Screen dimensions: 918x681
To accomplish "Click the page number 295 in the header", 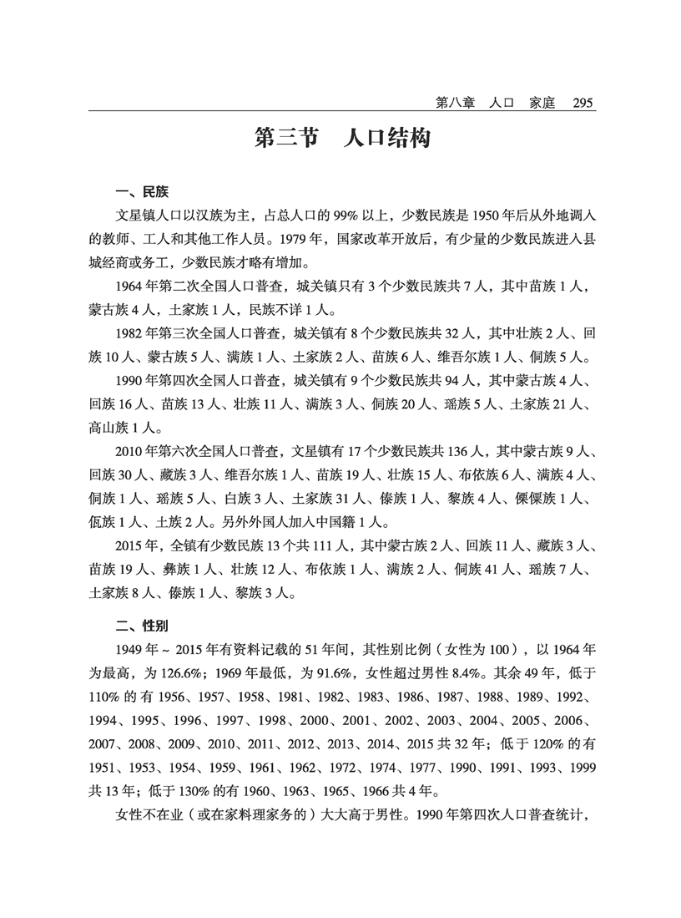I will (582, 103).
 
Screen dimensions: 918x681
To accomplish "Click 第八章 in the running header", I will (455, 103).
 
